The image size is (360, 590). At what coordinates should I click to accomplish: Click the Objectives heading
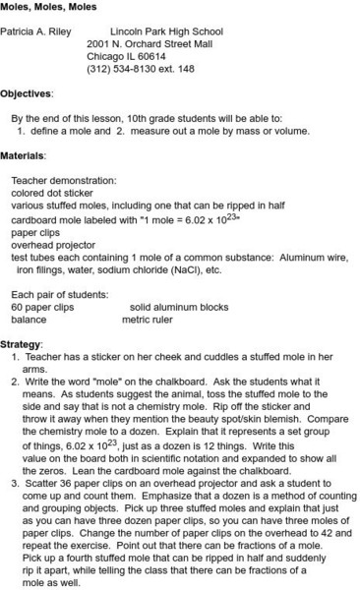tap(26, 93)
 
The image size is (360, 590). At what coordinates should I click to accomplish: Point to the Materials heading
tap(23, 155)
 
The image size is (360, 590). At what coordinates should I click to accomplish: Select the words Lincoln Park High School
tap(166, 31)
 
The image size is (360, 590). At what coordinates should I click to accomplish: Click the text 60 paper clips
tap(42, 306)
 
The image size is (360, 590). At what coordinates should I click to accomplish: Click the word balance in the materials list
tap(29, 319)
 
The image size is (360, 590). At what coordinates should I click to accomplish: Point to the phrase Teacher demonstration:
tap(63, 180)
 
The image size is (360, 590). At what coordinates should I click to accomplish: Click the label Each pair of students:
tap(58, 293)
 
